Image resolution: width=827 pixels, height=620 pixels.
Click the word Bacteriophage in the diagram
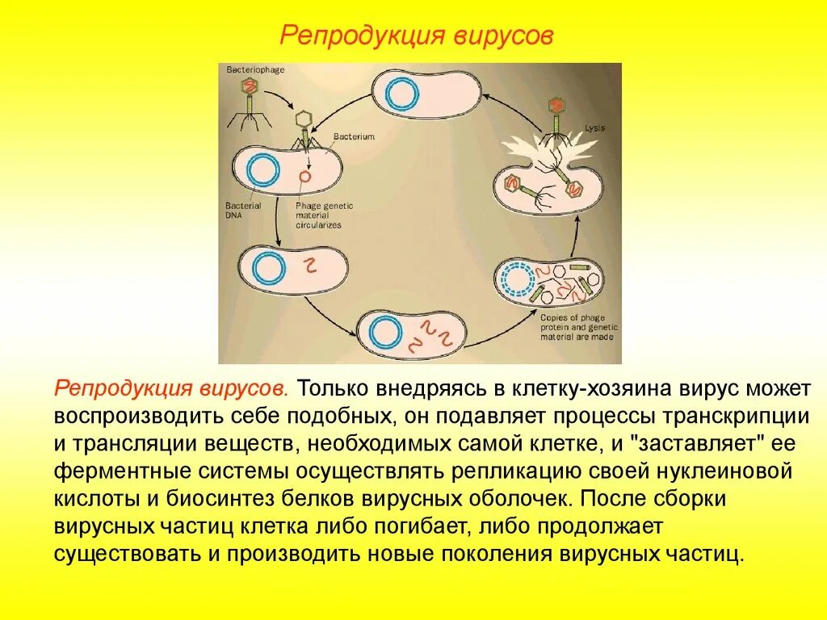pyautogui.click(x=255, y=70)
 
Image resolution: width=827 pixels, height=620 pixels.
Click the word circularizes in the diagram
pyautogui.click(x=319, y=225)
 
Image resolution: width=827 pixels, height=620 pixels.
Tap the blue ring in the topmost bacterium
pyautogui.click(x=401, y=93)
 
